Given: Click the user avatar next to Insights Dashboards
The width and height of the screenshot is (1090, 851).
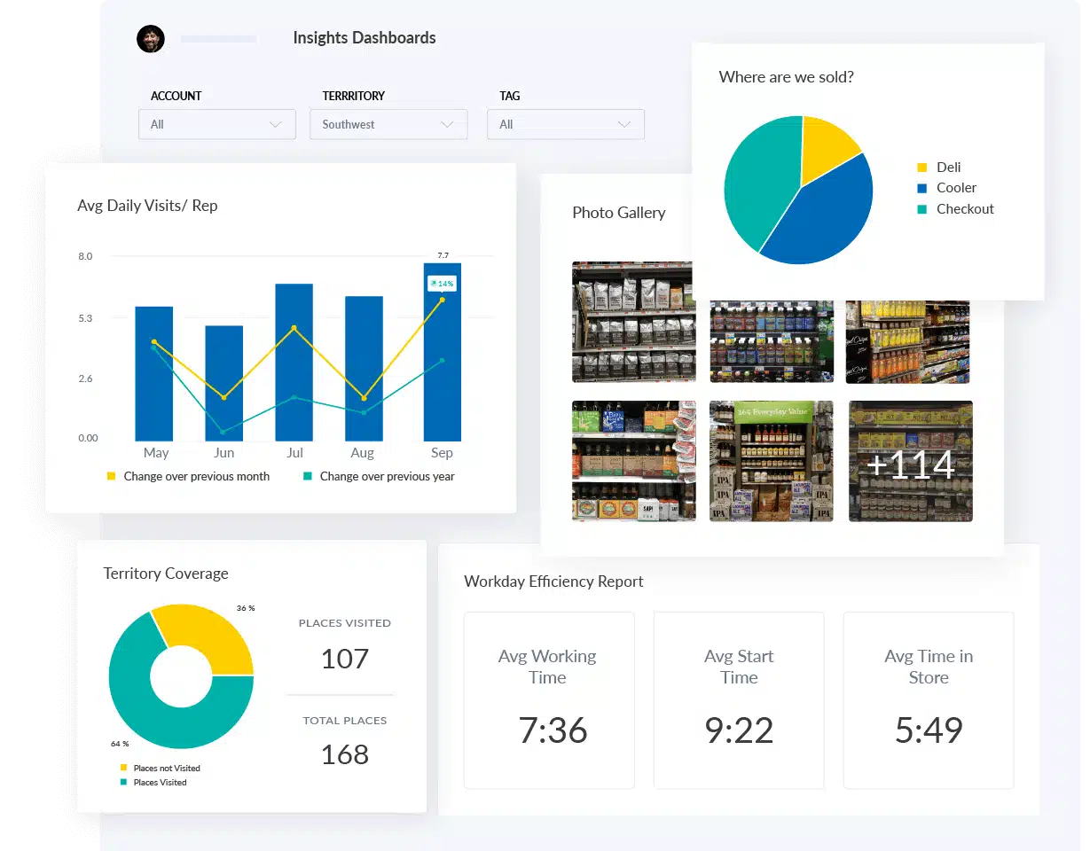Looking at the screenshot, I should pyautogui.click(x=151, y=39).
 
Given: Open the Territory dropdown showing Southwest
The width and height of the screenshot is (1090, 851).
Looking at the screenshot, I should pyautogui.click(x=388, y=125).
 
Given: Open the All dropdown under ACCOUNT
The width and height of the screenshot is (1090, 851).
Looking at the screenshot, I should pyautogui.click(x=216, y=125).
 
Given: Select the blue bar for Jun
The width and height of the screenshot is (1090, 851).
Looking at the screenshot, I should pyautogui.click(x=223, y=383).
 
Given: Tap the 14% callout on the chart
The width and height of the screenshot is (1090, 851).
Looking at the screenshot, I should pyautogui.click(x=442, y=284).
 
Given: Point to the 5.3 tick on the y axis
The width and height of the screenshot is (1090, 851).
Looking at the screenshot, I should pyautogui.click(x=85, y=317).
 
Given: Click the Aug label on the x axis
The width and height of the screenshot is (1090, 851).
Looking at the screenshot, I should pyautogui.click(x=363, y=453).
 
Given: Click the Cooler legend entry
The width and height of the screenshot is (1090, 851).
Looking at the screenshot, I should pyautogui.click(x=955, y=188).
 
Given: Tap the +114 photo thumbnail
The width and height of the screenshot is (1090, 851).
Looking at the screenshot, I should pyautogui.click(x=910, y=462).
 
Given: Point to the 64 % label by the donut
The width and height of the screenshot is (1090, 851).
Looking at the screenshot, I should pyautogui.click(x=120, y=744).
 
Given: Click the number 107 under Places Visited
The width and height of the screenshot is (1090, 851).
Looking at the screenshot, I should pyautogui.click(x=344, y=659).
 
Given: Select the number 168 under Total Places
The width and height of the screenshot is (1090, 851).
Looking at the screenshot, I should pyautogui.click(x=344, y=754).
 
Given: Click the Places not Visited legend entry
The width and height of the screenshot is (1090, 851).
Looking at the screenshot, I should pyautogui.click(x=166, y=769).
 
